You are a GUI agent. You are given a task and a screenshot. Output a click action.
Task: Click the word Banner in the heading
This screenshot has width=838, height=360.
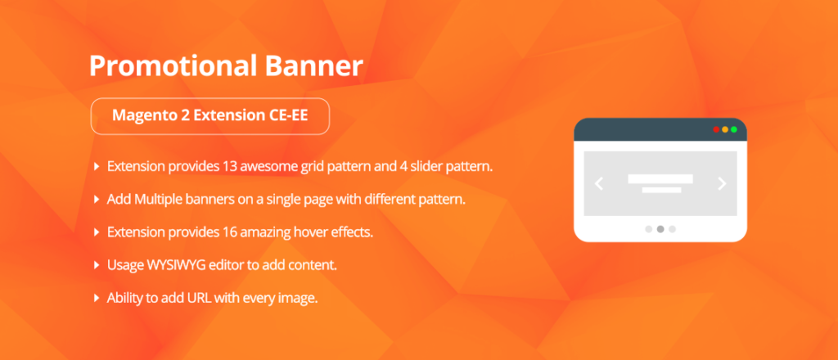click(x=313, y=66)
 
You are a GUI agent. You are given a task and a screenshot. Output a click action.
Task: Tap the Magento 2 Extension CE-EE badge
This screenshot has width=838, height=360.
click(x=210, y=116)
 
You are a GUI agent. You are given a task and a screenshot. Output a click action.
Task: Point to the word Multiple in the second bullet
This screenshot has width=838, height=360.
click(x=156, y=200)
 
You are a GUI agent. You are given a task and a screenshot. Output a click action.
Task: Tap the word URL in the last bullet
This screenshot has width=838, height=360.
click(x=199, y=298)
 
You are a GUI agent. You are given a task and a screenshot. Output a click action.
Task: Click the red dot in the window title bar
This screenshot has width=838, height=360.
click(x=716, y=129)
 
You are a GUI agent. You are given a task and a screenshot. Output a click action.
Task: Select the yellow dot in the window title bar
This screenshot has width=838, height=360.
click(x=725, y=129)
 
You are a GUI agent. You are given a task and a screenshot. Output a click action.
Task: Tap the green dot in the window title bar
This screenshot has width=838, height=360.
click(x=734, y=129)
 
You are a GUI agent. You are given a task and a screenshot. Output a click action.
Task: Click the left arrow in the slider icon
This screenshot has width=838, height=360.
click(x=598, y=184)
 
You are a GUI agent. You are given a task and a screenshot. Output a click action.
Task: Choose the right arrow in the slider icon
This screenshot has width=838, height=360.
click(x=722, y=184)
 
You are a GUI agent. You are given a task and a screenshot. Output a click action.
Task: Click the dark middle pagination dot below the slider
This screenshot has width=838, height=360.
click(x=660, y=229)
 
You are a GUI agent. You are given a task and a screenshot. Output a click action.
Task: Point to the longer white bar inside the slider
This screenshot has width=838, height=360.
click(x=660, y=179)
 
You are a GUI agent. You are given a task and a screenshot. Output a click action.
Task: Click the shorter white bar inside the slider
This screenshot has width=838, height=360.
click(x=661, y=190)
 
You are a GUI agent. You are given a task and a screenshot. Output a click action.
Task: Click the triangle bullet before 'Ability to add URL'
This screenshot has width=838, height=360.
click(x=97, y=298)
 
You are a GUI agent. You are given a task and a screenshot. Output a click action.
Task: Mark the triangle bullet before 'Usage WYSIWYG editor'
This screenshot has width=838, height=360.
click(x=97, y=265)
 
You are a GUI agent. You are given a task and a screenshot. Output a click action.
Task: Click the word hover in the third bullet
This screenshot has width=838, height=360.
click(x=301, y=233)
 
